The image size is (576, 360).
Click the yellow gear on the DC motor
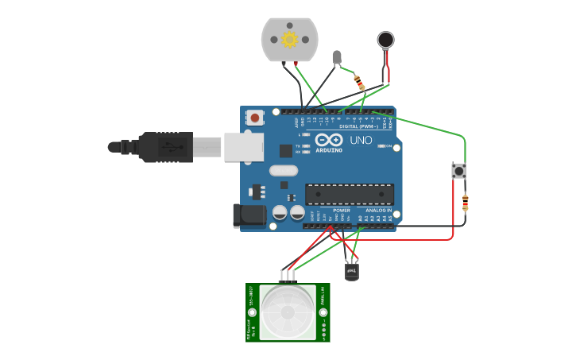pyautogui.click(x=289, y=39)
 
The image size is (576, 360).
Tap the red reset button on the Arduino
pyautogui.click(x=255, y=118)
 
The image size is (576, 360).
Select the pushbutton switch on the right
pyautogui.click(x=458, y=170)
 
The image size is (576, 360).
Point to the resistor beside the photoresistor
pyautogui.click(x=359, y=83)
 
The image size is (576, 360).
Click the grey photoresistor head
pyautogui.click(x=337, y=56)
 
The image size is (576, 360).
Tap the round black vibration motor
pyautogui.click(x=385, y=40)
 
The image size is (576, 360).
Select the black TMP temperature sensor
pyautogui.click(x=352, y=272)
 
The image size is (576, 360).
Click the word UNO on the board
pyautogui.click(x=361, y=141)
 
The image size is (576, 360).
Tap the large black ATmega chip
pyautogui.click(x=350, y=194)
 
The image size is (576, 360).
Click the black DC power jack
pyautogui.click(x=249, y=215)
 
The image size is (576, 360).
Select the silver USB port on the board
pyautogui.click(x=243, y=147)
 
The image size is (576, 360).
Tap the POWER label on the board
pyautogui.click(x=342, y=211)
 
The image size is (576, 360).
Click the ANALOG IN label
pyautogui.click(x=378, y=211)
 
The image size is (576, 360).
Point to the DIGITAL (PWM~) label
pyautogui.click(x=359, y=126)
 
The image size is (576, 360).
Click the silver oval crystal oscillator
pyautogui.click(x=283, y=170)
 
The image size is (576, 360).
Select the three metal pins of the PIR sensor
pyautogui.click(x=287, y=276)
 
